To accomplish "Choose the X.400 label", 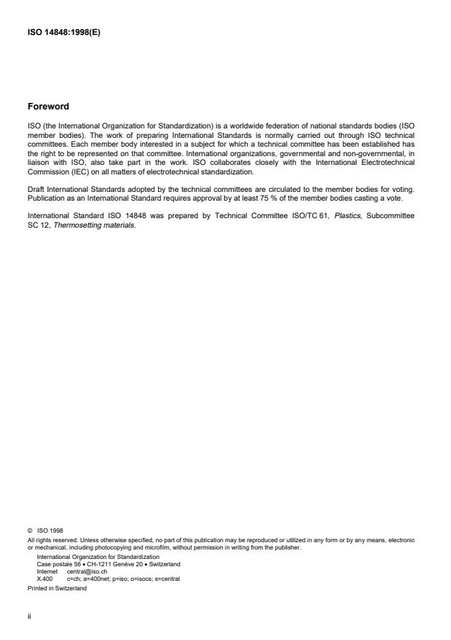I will coord(44,577).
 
